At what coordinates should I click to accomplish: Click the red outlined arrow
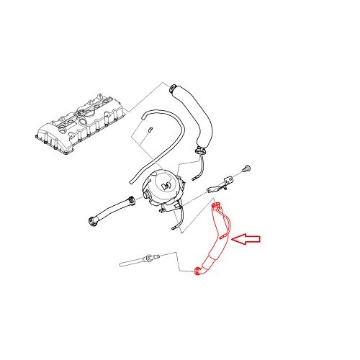[x=252, y=238]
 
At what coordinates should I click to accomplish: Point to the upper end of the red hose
[x=215, y=207]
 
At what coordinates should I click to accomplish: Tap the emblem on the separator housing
[x=167, y=186]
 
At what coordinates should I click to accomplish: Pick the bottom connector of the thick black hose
[x=202, y=152]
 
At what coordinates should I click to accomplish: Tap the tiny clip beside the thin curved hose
[x=148, y=130]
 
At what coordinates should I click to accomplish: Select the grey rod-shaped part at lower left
[x=140, y=260]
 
